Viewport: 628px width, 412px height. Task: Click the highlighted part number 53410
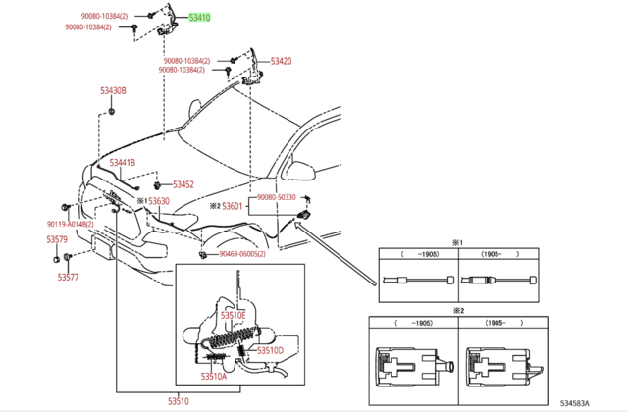(199, 17)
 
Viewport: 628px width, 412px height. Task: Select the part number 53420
(281, 61)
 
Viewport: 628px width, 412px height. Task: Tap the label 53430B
(112, 91)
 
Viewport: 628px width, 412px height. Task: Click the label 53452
(183, 184)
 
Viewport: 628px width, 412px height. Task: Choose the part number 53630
(158, 201)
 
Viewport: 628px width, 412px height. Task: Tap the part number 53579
(56, 239)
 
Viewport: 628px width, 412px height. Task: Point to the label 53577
(68, 278)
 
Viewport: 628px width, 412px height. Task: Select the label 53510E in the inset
(233, 316)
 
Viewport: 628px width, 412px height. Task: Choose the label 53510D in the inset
(270, 350)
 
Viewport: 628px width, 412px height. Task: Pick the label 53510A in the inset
(213, 376)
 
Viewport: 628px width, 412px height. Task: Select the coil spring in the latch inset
(232, 344)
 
